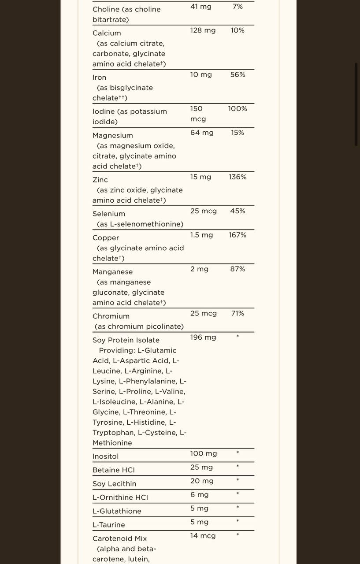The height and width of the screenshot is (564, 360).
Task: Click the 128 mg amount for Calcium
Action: click(203, 30)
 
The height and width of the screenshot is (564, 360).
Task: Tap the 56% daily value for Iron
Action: click(238, 75)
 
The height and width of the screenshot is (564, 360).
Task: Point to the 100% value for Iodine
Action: click(238, 109)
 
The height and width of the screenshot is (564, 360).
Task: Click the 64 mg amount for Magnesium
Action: click(202, 133)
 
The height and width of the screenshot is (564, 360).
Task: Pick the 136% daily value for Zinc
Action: click(238, 177)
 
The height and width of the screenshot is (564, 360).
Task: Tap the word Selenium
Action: click(109, 214)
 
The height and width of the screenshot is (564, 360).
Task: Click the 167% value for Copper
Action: click(238, 235)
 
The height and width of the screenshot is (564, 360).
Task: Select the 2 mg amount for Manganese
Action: click(199, 269)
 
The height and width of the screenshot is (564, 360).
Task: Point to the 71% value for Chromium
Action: click(238, 314)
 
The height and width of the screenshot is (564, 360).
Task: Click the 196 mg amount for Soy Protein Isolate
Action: click(203, 338)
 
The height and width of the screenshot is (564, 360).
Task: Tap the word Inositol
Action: click(105, 456)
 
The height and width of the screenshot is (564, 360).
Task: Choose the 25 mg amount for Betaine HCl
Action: click(201, 468)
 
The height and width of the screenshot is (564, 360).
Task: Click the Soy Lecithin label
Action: click(114, 484)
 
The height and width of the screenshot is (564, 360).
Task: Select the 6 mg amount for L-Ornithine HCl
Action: click(199, 495)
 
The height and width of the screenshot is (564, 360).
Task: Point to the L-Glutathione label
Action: click(117, 511)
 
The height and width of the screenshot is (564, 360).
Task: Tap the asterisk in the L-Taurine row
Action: click(238, 522)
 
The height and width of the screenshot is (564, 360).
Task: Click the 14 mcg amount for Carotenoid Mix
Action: click(203, 536)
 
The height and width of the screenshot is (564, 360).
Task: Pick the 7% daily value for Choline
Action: click(238, 7)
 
